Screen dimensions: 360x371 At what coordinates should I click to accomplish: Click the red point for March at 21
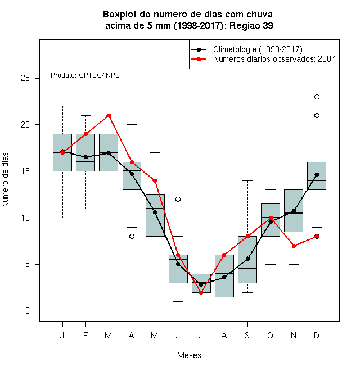(109, 115)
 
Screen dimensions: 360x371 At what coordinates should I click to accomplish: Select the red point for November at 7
(294, 246)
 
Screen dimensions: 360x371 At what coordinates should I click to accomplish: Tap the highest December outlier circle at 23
(317, 97)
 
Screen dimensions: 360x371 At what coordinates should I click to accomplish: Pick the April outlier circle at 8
(132, 236)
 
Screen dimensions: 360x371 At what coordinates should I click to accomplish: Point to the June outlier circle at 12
(178, 199)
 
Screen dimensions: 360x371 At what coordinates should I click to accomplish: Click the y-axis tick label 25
(25, 78)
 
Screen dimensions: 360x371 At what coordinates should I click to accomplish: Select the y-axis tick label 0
(28, 311)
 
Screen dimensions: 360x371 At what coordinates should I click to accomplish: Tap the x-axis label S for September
(247, 335)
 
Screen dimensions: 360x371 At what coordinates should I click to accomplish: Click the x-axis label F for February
(85, 335)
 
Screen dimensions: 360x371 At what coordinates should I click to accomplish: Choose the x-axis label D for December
(317, 335)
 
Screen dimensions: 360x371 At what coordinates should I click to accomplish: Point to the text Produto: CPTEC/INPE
(85, 75)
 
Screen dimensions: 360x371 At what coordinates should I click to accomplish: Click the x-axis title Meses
(189, 355)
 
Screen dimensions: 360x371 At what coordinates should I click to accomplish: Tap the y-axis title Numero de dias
(5, 180)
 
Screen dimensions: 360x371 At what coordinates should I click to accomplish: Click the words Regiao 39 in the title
(251, 25)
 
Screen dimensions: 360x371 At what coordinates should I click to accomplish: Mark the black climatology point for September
(247, 259)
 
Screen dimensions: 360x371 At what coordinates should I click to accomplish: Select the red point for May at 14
(155, 181)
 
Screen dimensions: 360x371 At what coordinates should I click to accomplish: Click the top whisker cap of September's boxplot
(247, 181)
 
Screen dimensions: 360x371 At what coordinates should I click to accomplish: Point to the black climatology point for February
(85, 157)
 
